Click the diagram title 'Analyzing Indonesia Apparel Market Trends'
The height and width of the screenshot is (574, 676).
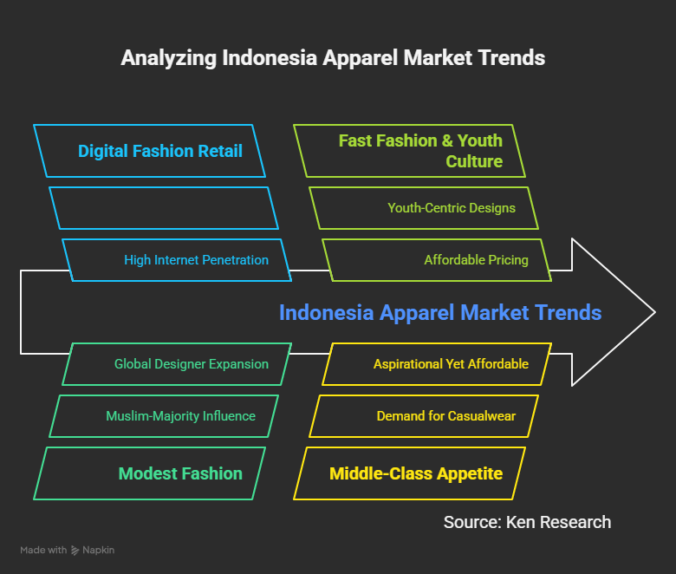333,58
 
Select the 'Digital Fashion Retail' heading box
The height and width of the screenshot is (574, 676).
149,151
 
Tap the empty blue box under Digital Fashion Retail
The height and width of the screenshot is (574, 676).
164,208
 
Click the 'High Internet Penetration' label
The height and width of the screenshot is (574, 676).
196,260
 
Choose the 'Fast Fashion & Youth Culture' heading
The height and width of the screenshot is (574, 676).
420,151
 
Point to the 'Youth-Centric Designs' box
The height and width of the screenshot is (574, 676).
424,208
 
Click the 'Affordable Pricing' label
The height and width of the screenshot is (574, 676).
476,260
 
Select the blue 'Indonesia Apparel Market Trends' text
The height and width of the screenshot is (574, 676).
440,313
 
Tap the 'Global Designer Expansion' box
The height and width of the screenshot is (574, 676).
177,364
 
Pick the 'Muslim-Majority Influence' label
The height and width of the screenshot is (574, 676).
180,416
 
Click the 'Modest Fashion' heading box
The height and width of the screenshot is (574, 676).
149,473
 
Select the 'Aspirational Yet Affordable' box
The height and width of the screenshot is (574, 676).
437,364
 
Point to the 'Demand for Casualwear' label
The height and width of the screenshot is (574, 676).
446,416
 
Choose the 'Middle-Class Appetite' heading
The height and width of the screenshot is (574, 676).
416,473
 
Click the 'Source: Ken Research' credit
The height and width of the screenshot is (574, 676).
527,522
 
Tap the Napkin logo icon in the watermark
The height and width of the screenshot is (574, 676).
75,551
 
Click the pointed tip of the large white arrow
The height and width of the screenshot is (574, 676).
655,312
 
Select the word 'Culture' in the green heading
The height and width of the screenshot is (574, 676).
474,161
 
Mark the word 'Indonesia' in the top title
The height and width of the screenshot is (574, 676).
270,58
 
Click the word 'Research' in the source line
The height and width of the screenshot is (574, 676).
575,522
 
